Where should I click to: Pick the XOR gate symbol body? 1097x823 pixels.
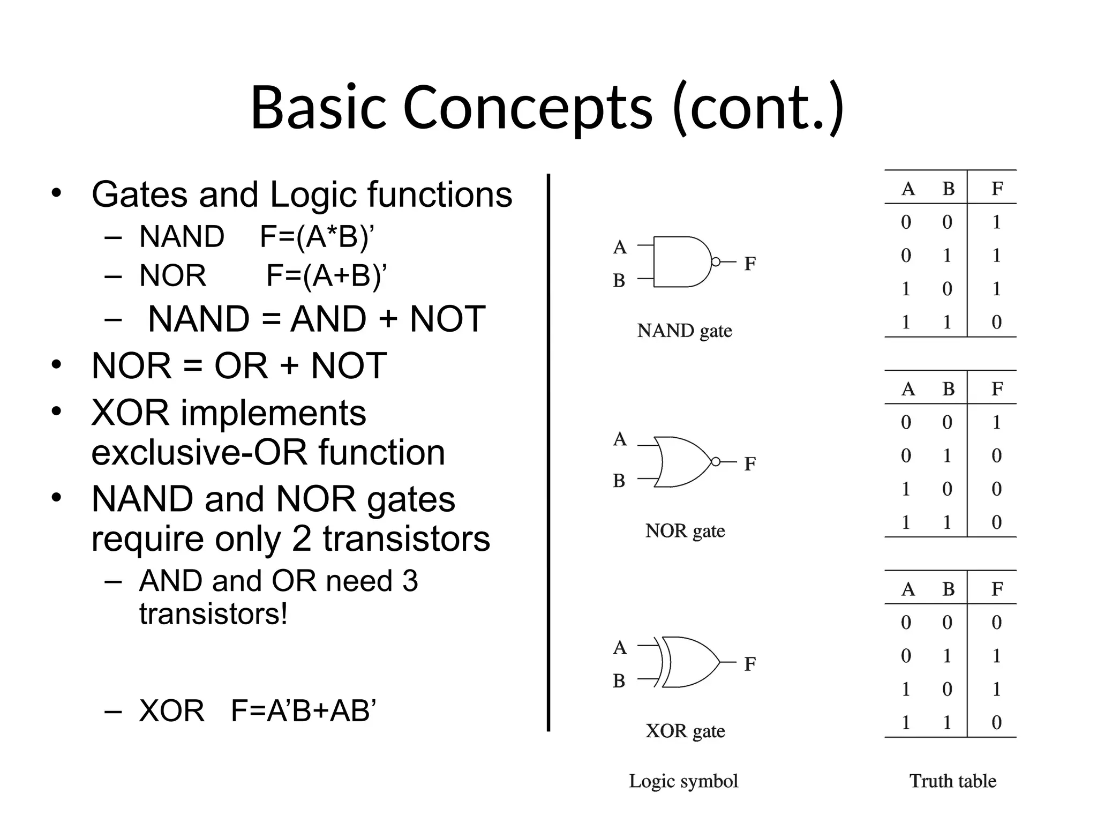point(691,662)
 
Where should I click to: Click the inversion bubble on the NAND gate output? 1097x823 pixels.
point(715,261)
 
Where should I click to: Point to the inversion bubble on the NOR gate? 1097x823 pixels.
point(715,461)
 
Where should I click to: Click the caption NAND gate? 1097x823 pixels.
point(684,331)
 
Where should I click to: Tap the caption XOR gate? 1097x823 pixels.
point(685,731)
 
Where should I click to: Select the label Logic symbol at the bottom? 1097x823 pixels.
point(683,781)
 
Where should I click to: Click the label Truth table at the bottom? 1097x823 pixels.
point(952,781)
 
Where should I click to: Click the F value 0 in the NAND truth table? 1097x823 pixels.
point(996,322)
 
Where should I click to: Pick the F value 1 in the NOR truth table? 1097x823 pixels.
point(996,422)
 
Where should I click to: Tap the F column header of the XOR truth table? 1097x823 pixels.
point(996,589)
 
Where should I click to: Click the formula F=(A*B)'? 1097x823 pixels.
point(317,236)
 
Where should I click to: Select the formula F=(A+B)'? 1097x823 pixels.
point(326,276)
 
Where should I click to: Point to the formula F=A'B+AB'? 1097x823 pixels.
point(303,711)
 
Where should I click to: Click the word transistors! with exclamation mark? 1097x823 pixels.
point(213,613)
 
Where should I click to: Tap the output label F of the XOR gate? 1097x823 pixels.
point(749,664)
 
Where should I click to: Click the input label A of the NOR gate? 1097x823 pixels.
point(620,439)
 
